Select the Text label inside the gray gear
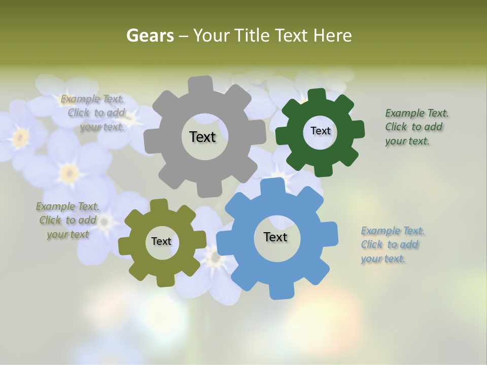[202, 137]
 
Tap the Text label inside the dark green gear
[320, 131]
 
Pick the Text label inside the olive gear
[161, 241]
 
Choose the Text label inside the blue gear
[275, 237]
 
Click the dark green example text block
[416, 127]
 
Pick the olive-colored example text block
[67, 221]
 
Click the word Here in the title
[332, 35]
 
